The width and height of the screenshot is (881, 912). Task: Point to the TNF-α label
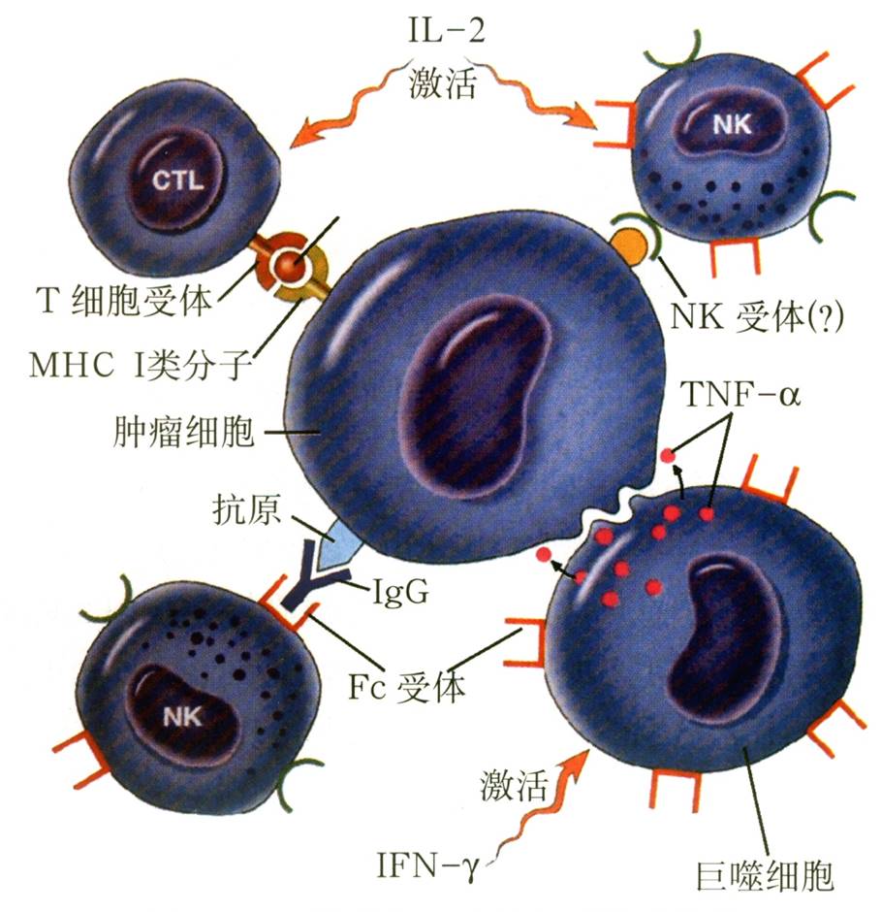(742, 397)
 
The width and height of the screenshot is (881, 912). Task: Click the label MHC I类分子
(143, 367)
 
